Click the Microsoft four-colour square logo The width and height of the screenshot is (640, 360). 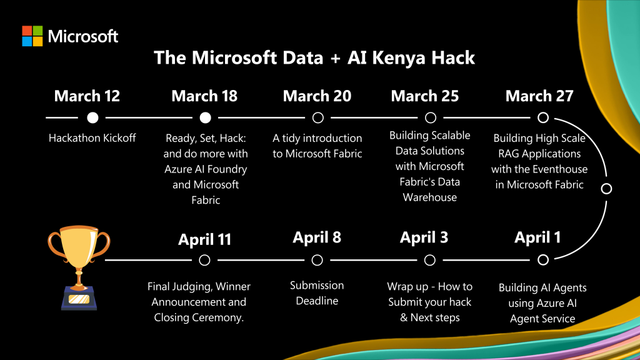click(x=32, y=36)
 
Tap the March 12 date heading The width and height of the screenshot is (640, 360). click(x=87, y=96)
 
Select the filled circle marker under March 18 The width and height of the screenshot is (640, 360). click(x=205, y=117)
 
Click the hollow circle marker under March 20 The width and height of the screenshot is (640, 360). click(x=318, y=117)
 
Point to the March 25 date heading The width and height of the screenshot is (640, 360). click(x=425, y=96)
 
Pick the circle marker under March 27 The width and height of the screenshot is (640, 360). click(x=543, y=117)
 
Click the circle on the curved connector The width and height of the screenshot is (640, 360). click(x=606, y=189)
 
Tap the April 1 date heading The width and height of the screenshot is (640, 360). click(x=537, y=237)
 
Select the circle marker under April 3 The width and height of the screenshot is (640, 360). click(x=430, y=260)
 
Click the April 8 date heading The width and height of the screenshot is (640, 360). click(x=317, y=237)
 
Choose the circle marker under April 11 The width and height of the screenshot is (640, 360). click(x=204, y=260)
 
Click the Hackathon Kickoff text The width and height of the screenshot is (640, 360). click(x=92, y=138)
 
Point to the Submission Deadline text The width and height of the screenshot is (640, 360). click(x=317, y=293)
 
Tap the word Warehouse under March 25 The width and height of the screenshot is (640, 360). click(x=430, y=197)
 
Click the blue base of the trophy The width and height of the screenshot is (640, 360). click(x=79, y=298)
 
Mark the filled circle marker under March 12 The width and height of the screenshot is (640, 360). click(x=92, y=117)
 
